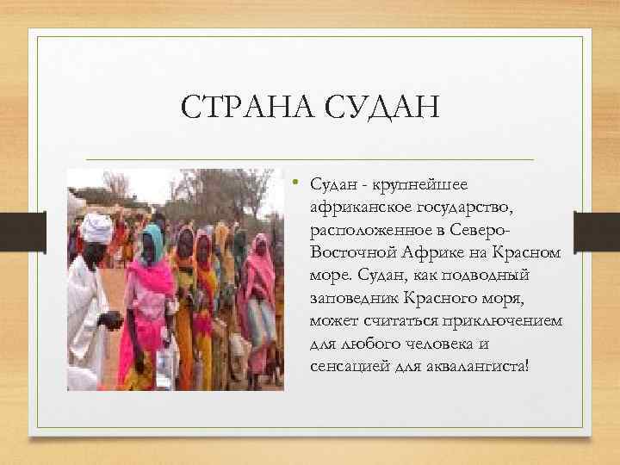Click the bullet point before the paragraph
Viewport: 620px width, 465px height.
294,183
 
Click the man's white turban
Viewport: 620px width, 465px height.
97,228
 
